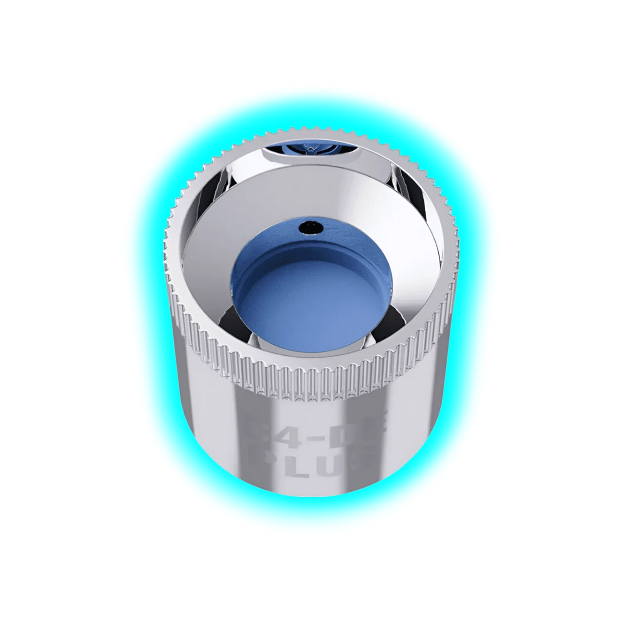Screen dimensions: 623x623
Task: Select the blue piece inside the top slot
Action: [311, 149]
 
